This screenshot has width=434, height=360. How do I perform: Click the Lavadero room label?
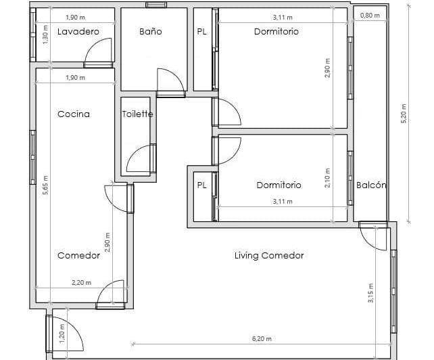point(78,31)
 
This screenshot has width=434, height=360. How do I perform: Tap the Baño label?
point(151,31)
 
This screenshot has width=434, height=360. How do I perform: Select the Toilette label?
point(137,114)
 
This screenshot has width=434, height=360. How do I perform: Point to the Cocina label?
point(74,114)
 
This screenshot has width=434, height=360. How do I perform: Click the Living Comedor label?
point(269,255)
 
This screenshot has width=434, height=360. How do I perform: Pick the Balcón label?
point(371,185)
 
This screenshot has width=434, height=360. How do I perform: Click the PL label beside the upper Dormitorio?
point(201,32)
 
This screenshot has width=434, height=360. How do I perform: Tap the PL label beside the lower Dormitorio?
point(201,185)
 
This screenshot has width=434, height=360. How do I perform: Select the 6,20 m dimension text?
point(262,338)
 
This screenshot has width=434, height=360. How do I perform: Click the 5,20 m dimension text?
point(404,114)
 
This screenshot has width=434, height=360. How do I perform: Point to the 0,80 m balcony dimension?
point(370,16)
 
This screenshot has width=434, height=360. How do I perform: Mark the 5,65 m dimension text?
point(45,185)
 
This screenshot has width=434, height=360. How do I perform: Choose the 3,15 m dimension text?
point(370,293)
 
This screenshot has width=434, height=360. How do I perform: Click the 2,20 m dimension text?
point(81,283)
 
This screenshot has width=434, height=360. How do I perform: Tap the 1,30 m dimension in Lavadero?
point(46,35)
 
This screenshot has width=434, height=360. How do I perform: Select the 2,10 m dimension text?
point(327,178)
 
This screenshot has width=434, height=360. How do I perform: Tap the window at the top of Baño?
point(156,5)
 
